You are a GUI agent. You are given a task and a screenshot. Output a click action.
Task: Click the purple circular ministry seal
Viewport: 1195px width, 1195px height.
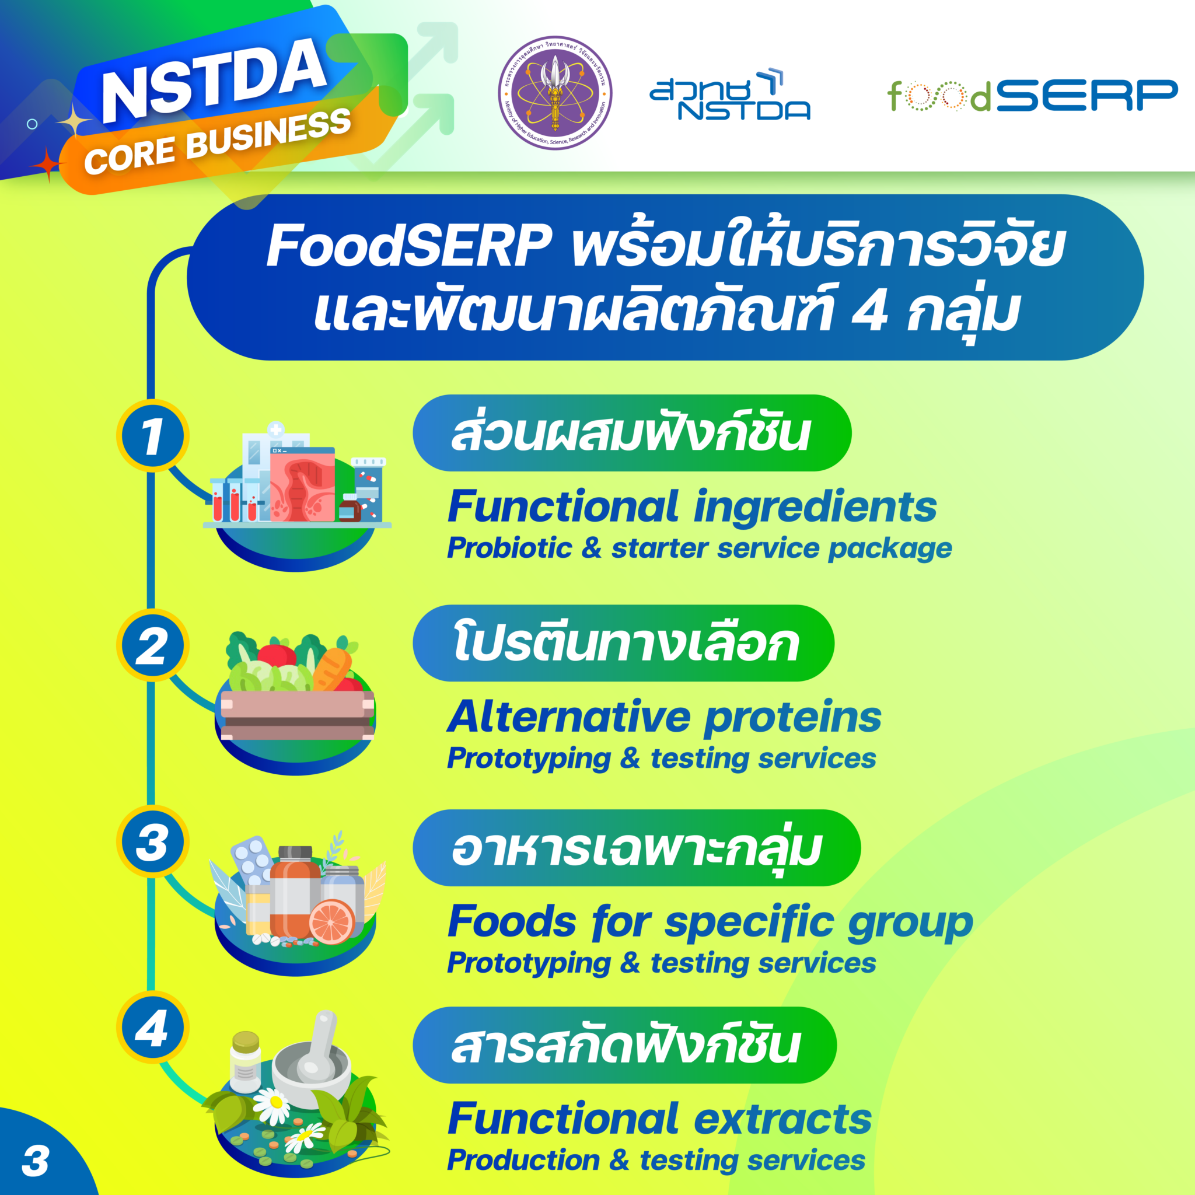coord(555,93)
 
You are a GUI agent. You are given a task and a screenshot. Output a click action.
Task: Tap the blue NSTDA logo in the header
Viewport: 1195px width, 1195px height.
coord(730,95)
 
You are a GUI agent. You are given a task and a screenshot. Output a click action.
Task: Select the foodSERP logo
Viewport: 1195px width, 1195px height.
coord(1032,95)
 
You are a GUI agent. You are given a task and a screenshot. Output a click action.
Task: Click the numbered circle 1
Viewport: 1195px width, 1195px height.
coord(152,436)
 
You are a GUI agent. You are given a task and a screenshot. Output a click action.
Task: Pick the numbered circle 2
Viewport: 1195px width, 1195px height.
coord(152,646)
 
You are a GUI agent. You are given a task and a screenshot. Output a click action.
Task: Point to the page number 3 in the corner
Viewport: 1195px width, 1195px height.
coord(35,1161)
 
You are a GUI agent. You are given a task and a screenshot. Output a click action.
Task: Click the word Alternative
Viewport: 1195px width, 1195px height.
coord(569,718)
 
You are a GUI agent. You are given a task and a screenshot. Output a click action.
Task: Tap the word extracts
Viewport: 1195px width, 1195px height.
coord(782,1120)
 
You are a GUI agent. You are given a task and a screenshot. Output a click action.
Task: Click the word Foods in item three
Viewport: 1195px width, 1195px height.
coord(512,921)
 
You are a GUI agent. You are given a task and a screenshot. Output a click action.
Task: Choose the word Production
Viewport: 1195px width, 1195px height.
coord(523,1161)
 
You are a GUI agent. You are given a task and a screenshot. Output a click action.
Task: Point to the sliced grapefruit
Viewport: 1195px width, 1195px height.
coord(331,921)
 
